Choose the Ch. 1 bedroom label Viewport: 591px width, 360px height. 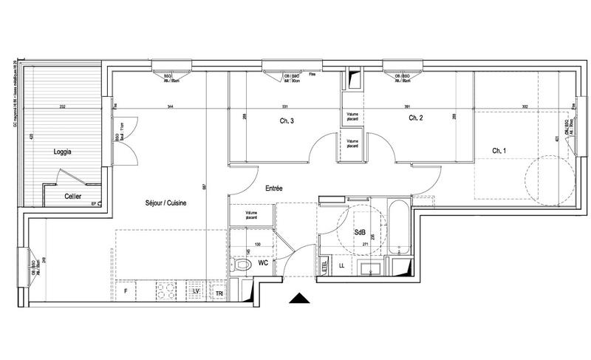click(x=500, y=152)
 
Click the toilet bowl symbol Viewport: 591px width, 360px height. click(x=242, y=264)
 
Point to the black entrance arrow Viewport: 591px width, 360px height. click(x=298, y=298)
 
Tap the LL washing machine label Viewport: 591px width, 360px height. click(x=341, y=265)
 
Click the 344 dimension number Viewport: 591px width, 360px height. click(x=171, y=108)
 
